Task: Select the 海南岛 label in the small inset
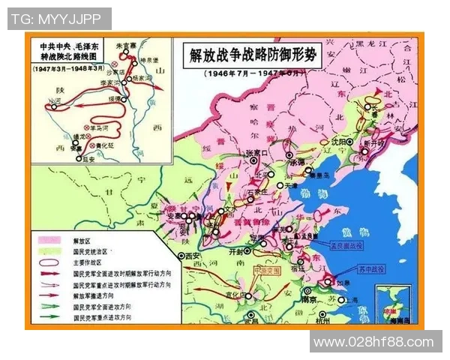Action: point(398,319)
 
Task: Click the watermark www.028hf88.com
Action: point(373,342)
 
